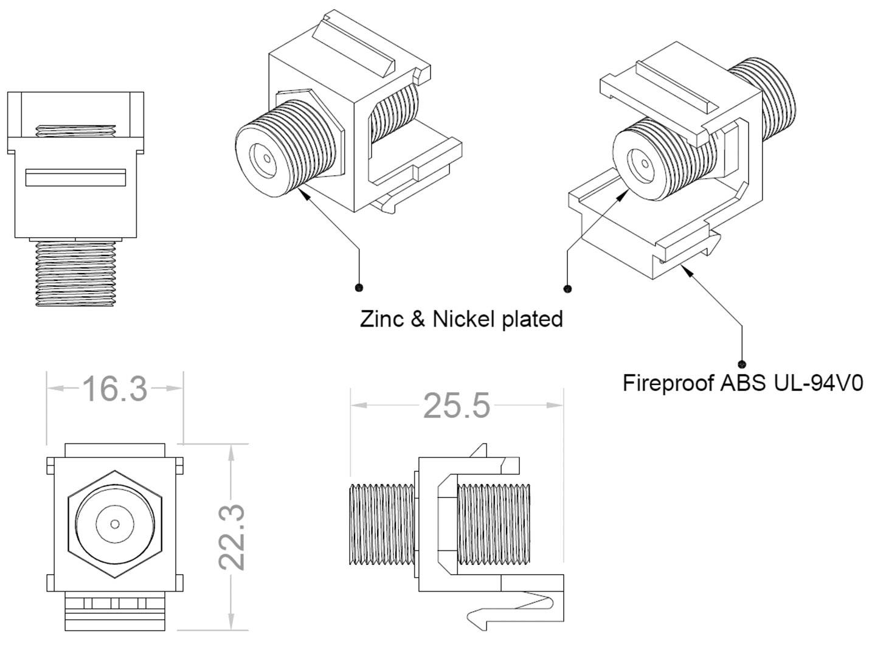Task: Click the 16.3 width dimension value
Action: point(114,389)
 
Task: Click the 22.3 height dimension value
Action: point(232,536)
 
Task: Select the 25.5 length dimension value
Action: point(456,406)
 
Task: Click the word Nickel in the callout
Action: point(465,319)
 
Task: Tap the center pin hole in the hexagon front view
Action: point(115,524)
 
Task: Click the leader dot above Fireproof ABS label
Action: point(742,364)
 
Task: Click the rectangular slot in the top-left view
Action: point(75,177)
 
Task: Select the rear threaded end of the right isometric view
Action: point(769,97)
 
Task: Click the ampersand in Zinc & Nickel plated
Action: point(417,319)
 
